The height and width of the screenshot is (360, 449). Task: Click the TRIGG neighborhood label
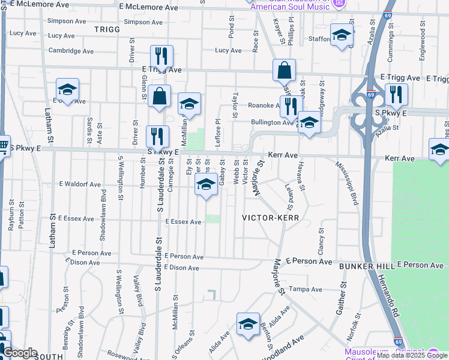(107, 28)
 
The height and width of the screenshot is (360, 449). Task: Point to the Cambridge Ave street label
(71, 52)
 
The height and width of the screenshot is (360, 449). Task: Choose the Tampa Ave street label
(302, 289)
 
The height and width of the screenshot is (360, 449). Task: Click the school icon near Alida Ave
(248, 325)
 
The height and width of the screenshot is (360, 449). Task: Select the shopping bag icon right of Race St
(284, 70)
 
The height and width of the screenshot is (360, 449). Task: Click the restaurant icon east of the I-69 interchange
(396, 95)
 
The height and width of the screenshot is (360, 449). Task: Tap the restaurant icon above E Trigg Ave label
(161, 56)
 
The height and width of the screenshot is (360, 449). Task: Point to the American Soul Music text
(289, 7)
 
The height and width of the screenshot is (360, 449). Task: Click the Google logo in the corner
(20, 353)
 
